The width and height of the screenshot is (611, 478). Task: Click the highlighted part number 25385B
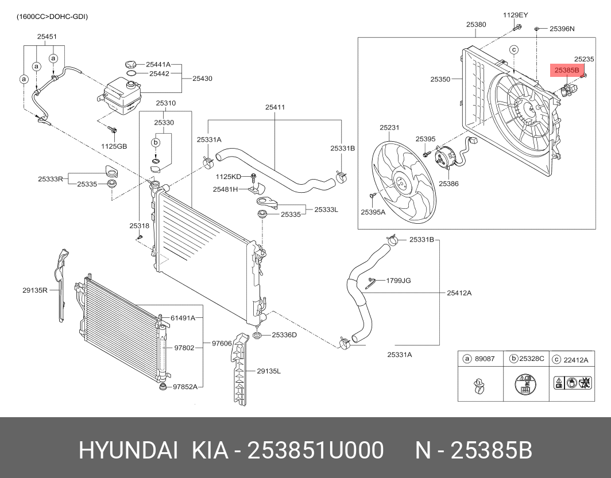point(566,71)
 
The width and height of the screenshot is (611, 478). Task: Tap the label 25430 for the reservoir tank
point(202,78)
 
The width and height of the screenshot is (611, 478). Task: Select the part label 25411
point(275,107)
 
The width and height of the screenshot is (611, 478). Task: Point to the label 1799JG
point(398,281)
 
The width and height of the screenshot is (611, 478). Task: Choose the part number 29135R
point(34,290)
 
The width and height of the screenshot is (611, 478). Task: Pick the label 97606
point(222,343)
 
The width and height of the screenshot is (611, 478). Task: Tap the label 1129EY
point(515,15)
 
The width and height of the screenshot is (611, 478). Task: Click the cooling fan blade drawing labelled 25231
point(402,181)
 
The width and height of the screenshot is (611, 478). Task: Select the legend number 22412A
point(576,360)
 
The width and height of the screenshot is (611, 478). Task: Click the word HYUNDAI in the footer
point(129,451)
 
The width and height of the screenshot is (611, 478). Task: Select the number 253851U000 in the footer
point(315,451)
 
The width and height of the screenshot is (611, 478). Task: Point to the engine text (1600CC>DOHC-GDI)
point(52,17)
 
